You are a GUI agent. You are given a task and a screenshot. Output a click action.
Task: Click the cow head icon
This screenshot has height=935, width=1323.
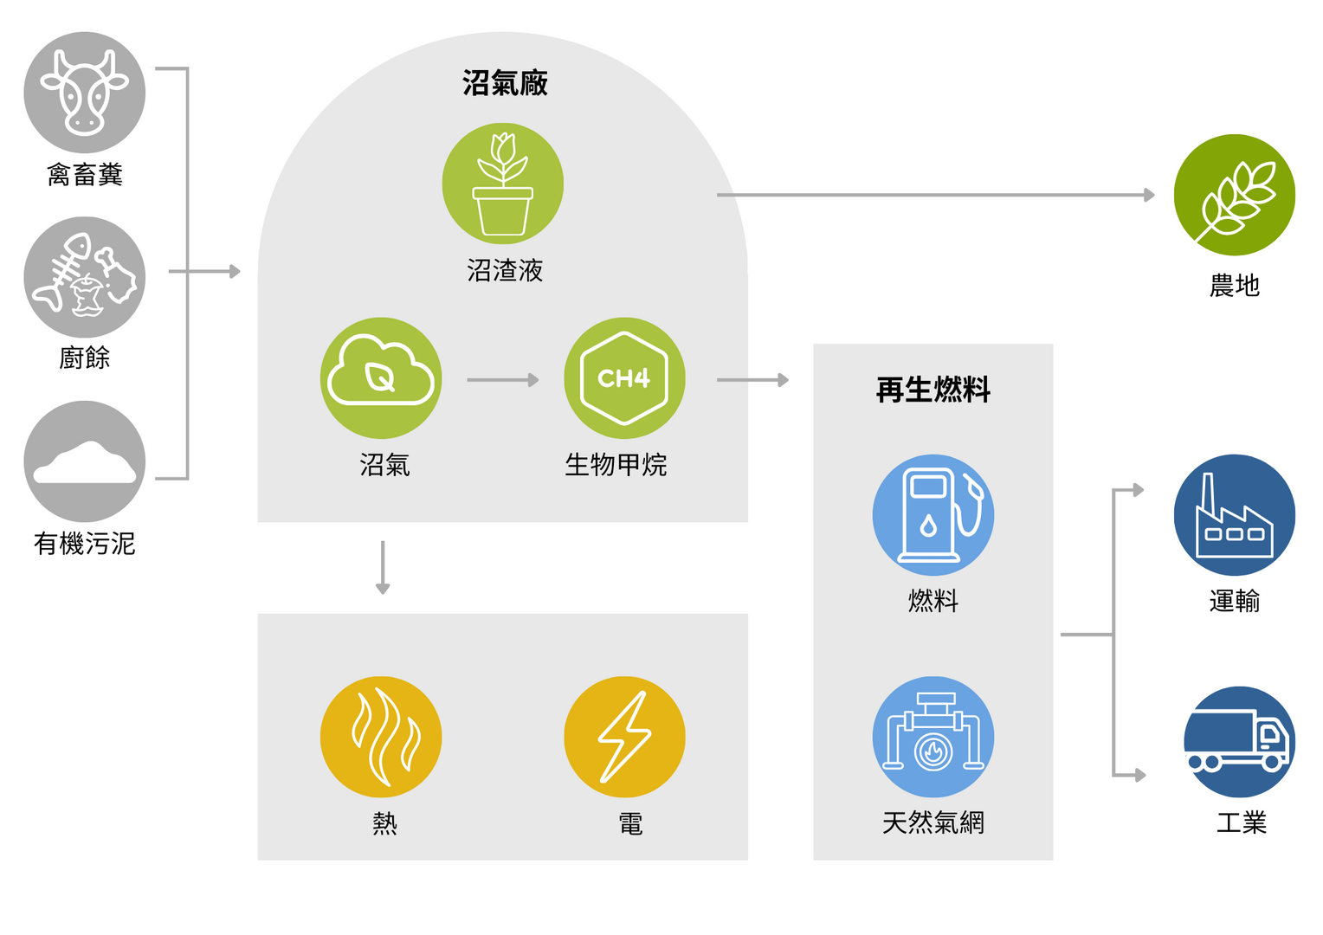coord(85,93)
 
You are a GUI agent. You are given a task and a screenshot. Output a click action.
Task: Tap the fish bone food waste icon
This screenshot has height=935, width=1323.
coord(85,277)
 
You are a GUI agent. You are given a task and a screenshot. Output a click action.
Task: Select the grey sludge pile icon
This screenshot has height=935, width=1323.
coord(85,461)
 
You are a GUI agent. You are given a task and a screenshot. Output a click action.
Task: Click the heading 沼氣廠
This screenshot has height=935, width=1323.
coord(505,83)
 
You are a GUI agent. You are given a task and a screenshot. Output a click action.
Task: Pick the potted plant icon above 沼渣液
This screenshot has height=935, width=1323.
coord(503,184)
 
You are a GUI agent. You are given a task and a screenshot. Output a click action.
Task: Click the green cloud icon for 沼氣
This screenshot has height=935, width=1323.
coord(381,378)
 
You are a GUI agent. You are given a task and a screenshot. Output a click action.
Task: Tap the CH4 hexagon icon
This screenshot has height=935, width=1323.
coord(624,378)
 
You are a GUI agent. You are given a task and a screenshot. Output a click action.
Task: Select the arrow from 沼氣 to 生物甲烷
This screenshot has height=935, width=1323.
coord(503,380)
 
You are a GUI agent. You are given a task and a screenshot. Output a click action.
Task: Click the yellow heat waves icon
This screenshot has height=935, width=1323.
coord(381,737)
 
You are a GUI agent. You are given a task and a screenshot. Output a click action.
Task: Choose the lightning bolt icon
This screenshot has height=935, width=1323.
coord(624,737)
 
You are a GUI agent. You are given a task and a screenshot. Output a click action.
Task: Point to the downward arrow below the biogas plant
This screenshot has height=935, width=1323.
coord(383,568)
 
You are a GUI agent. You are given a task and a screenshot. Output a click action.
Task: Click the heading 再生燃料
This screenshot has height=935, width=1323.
coord(933,390)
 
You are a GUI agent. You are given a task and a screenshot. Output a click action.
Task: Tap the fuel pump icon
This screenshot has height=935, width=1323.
coord(933,515)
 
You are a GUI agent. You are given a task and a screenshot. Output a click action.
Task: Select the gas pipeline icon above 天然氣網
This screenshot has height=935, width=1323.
coord(933,737)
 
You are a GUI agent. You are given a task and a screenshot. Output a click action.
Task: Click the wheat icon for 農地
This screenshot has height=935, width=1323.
coord(1235,195)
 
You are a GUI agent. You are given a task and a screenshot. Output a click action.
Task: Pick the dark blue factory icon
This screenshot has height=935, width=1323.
coord(1235,515)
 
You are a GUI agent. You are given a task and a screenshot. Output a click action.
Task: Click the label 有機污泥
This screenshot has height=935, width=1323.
coord(85,544)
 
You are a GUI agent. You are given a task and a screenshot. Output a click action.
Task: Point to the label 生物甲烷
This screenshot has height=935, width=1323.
coord(616,465)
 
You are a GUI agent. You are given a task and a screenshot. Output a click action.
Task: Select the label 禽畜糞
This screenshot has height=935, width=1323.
coord(85,175)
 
